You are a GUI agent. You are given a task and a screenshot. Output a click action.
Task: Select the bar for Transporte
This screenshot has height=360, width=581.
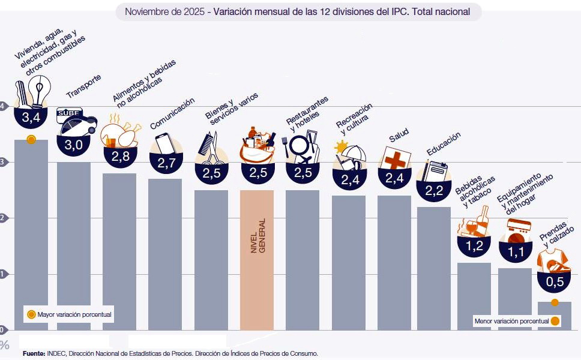tap(74, 246)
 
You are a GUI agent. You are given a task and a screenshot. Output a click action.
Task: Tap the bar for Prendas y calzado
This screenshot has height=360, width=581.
tap(554, 316)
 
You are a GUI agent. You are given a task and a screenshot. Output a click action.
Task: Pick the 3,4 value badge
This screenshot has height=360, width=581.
tap(31, 118)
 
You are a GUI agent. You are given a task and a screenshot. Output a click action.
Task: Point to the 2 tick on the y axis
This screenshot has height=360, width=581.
tap(3, 218)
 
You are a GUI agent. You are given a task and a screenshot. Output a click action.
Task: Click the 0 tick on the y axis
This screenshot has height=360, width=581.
tap(3, 329)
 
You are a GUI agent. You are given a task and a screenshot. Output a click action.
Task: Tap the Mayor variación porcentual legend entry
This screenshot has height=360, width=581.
tap(68, 314)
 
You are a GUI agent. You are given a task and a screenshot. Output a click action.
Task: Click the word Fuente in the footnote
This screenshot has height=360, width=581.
tap(34, 353)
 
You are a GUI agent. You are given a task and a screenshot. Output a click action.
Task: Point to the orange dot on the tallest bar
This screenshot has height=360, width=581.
tap(31, 140)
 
